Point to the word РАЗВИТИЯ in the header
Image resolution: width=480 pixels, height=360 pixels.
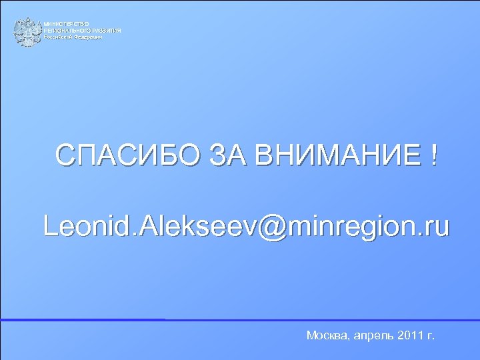click(107, 31)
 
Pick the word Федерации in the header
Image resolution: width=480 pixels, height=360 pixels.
click(89, 38)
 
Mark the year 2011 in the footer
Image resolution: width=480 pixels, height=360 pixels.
click(412, 335)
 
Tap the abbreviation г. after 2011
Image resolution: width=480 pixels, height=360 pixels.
click(431, 335)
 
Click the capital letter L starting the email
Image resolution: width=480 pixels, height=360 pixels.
click(49, 226)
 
